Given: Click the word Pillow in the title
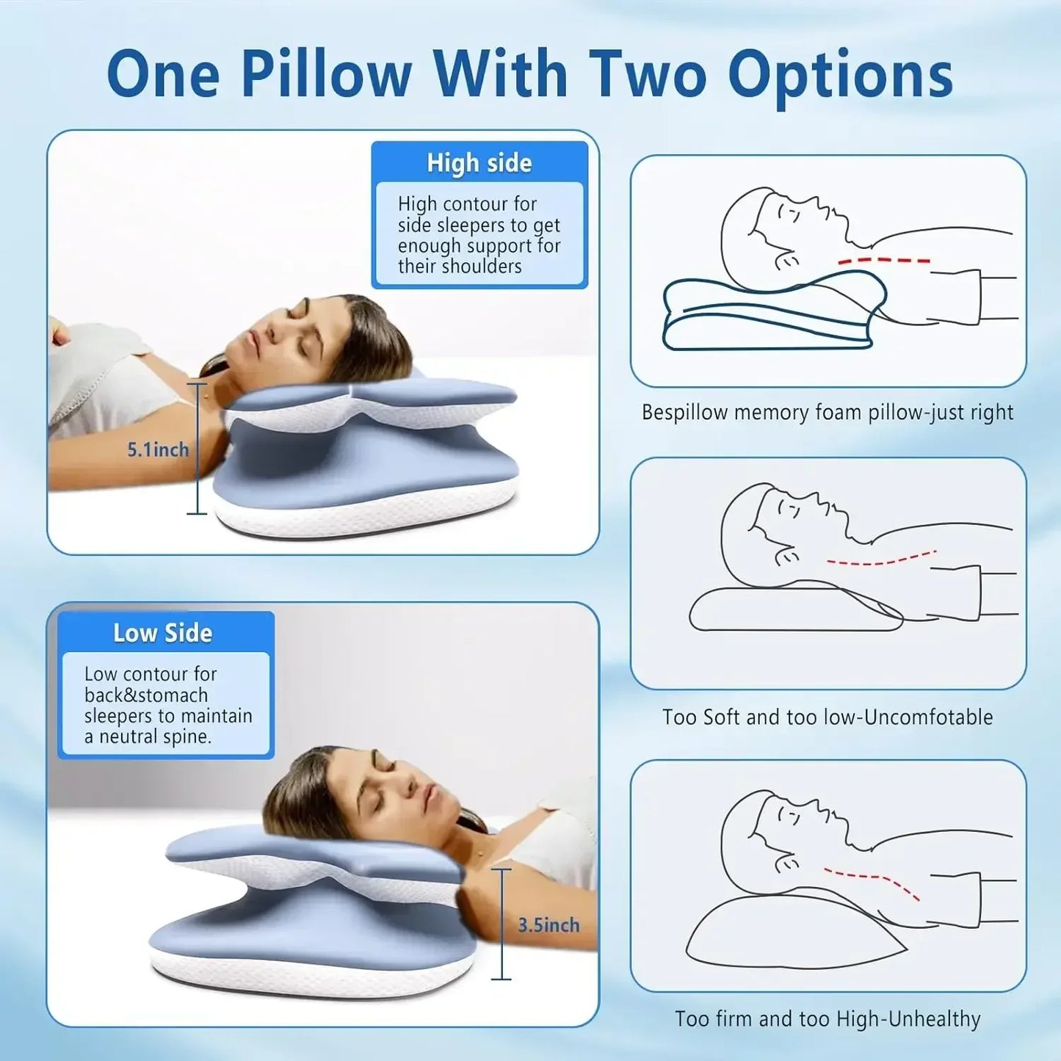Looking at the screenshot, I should (x=326, y=73).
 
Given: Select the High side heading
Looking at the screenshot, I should (x=479, y=162).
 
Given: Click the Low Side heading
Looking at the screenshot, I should (x=162, y=633).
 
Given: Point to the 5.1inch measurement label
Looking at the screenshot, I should (x=158, y=449).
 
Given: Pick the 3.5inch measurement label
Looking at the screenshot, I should (x=548, y=925).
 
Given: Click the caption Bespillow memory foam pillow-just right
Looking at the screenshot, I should (x=827, y=412).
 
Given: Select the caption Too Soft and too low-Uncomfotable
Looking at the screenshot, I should (x=828, y=717).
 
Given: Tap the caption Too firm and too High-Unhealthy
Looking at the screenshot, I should (x=828, y=1018).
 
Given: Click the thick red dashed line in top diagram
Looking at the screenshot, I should (x=884, y=261).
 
